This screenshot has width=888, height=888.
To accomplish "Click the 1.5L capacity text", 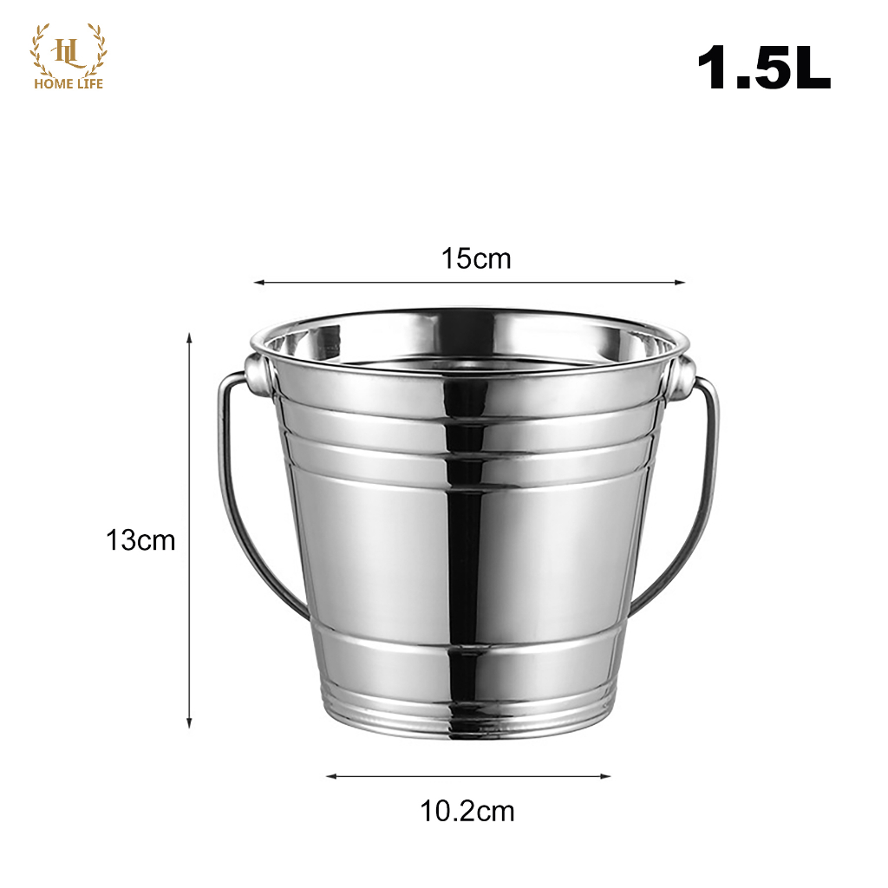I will coord(763,69).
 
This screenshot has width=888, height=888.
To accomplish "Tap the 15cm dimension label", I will coord(476,258).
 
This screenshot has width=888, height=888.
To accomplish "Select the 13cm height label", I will coord(140,540).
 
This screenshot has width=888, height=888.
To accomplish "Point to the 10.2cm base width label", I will coord(467,811).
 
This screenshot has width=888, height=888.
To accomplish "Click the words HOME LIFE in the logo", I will coord(69,84).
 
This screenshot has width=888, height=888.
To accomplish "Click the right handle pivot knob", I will coord(683,373).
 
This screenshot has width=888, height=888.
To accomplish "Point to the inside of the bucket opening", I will coord(468,343).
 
